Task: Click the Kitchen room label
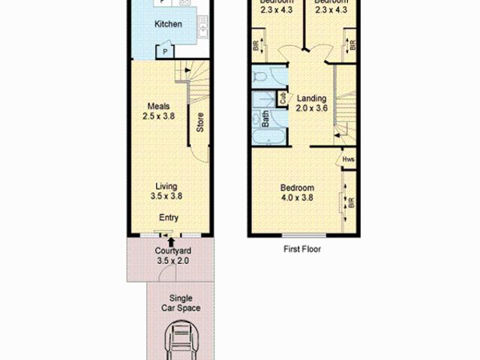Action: [168, 25]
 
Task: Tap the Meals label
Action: [158, 106]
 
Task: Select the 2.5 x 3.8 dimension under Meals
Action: [158, 116]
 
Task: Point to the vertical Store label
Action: [200, 122]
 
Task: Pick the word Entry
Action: [168, 218]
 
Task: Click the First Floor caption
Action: [301, 249]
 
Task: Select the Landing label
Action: [310, 98]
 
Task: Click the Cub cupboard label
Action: [283, 97]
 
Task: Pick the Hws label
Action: [349, 159]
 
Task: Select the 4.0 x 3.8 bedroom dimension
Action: [297, 198]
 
